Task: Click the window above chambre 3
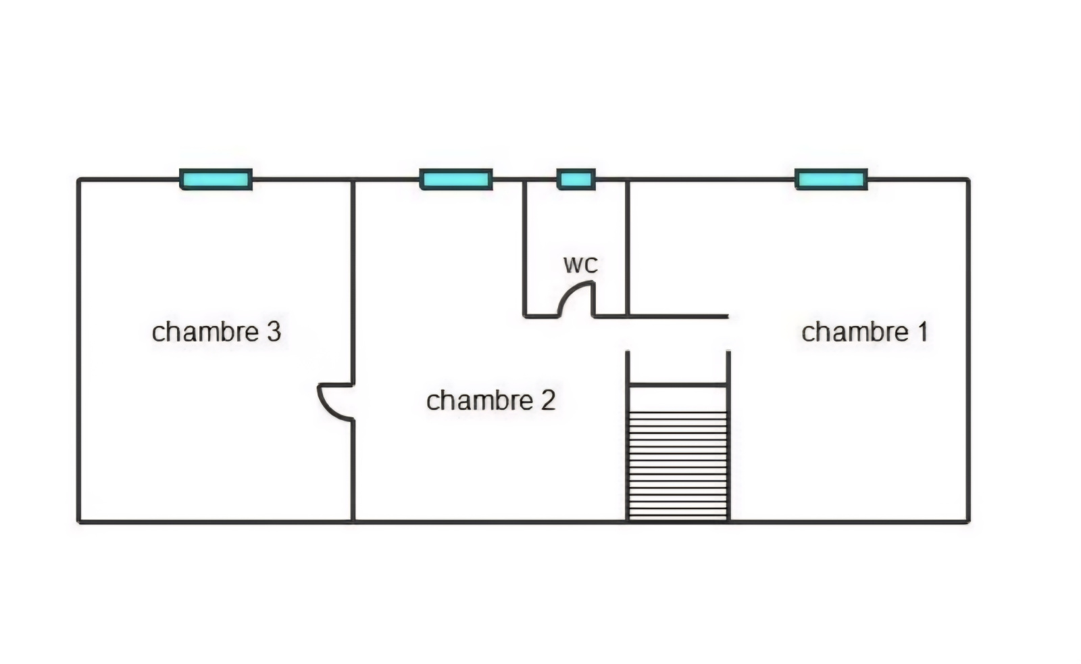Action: click(x=216, y=180)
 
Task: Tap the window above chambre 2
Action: click(x=456, y=180)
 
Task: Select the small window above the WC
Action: click(x=576, y=180)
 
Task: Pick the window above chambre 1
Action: click(x=832, y=180)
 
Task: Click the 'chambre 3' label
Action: click(x=217, y=332)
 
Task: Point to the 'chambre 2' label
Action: click(x=491, y=400)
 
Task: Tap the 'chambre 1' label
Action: click(x=865, y=332)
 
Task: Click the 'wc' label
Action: click(x=580, y=264)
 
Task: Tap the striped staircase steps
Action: click(x=678, y=466)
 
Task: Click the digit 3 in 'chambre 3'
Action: click(x=274, y=332)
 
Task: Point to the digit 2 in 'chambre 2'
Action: click(x=548, y=400)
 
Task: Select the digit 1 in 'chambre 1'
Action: click(x=923, y=332)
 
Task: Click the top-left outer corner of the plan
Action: click(x=78, y=180)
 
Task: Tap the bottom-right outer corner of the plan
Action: click(x=969, y=521)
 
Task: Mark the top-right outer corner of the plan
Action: click(x=969, y=180)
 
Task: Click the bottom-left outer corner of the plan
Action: click(x=78, y=521)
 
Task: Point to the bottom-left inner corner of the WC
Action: click(x=527, y=314)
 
